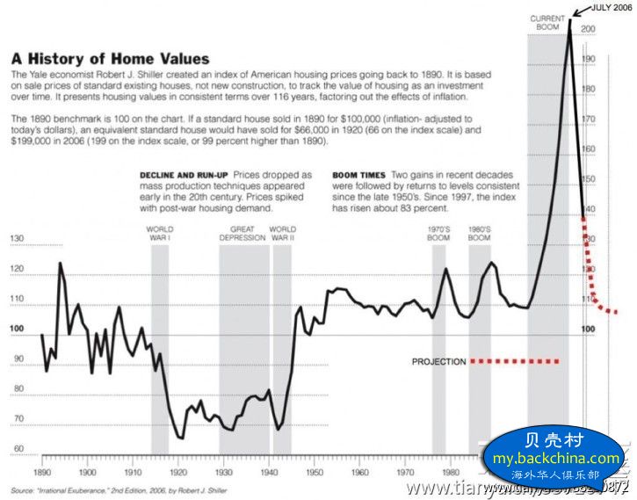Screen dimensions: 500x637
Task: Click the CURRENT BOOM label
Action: (x=547, y=22)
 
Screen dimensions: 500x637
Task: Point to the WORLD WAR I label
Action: (x=159, y=234)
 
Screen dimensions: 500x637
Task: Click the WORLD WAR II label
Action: (x=282, y=234)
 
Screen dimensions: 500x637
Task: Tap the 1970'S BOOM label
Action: (x=438, y=234)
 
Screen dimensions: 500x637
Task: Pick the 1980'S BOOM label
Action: (x=479, y=234)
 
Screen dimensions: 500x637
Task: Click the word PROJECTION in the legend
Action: (x=438, y=361)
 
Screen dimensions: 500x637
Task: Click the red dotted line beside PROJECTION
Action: (x=515, y=361)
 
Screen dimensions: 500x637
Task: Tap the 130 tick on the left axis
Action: (x=16, y=239)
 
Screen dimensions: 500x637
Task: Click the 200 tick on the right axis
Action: (x=589, y=29)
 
